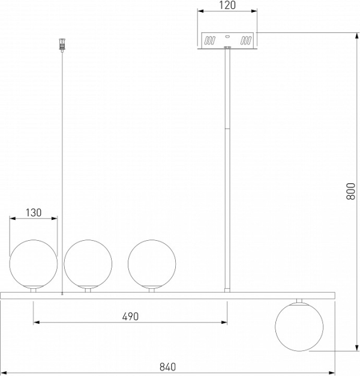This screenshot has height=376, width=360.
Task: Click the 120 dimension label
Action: click(227, 5)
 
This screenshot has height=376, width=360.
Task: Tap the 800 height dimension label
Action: click(350, 191)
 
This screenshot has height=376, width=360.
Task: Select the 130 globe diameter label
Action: click(34, 213)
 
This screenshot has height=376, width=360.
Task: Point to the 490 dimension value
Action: click(130, 317)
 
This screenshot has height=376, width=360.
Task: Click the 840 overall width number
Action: click(167, 367)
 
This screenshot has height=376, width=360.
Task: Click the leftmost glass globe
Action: click(34, 264)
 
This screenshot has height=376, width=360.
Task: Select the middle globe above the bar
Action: click(88, 264)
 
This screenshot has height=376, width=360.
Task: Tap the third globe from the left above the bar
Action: click(152, 264)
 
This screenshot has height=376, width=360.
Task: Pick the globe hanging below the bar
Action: click(299, 327)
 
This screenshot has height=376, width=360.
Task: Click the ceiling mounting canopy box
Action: click(227, 40)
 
